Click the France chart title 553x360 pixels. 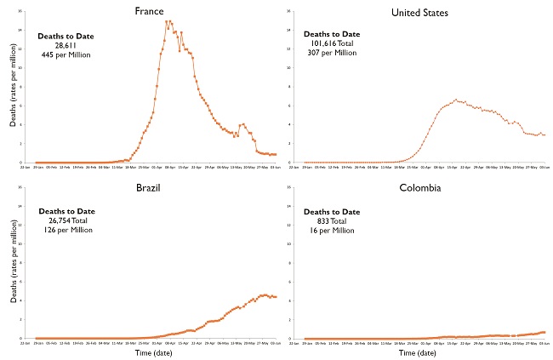tap(155, 10)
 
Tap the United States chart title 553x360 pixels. tap(419, 14)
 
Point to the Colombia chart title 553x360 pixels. tap(419, 188)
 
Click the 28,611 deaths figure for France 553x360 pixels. tap(66, 45)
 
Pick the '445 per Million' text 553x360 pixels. tap(66, 54)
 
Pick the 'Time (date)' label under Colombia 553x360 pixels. tap(419, 351)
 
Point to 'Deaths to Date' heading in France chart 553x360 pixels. tap(66, 37)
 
